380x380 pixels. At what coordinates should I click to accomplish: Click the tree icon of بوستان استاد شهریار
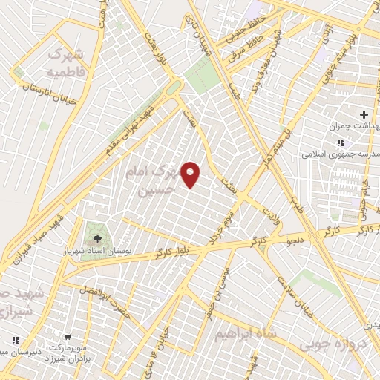97,239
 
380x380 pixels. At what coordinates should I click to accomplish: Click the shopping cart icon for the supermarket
68,337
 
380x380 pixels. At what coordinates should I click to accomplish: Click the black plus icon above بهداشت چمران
363,114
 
